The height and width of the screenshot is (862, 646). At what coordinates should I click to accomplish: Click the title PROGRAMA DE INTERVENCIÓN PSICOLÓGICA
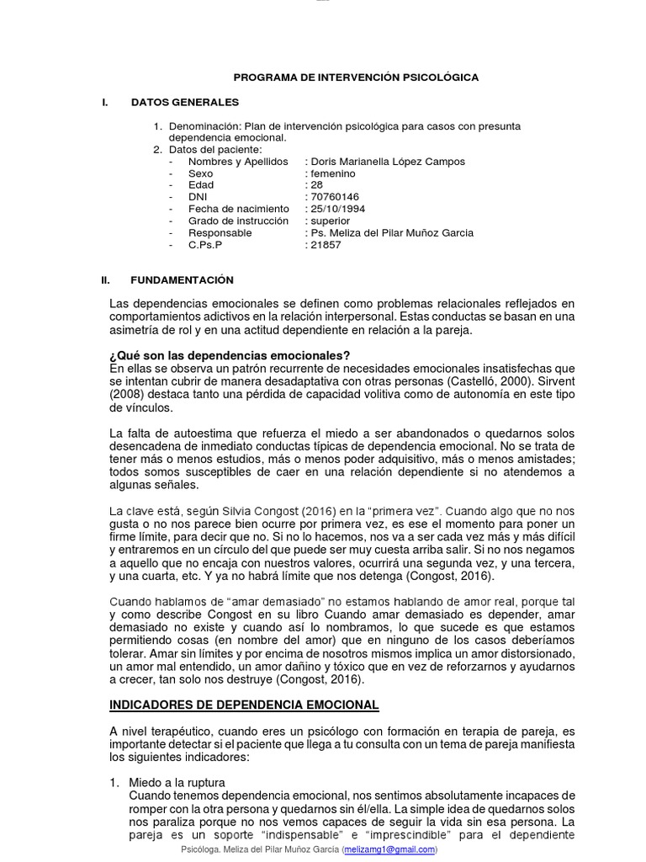click(356, 77)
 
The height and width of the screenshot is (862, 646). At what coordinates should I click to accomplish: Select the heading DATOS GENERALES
click(185, 103)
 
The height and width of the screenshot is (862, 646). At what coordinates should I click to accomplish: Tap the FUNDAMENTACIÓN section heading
click(183, 279)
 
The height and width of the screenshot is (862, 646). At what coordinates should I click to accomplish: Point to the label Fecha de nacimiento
click(238, 209)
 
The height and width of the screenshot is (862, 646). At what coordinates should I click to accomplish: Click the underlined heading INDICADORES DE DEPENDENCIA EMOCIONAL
click(245, 705)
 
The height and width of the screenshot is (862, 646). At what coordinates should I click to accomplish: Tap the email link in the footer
click(389, 850)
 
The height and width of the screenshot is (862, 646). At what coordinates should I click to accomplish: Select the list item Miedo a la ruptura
click(177, 783)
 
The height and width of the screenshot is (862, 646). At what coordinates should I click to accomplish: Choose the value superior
click(331, 221)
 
